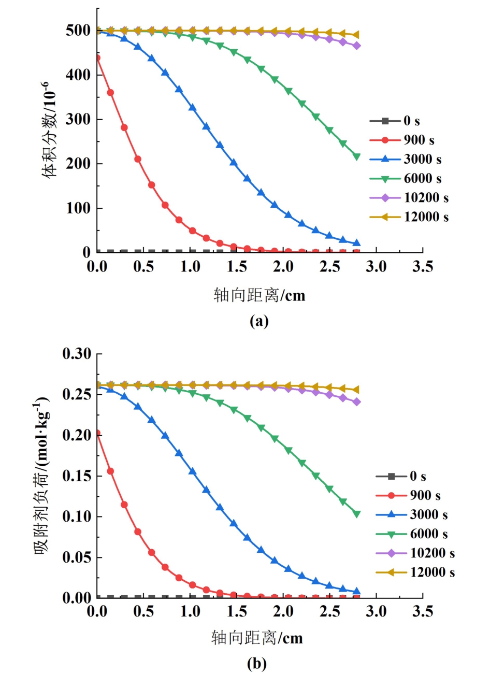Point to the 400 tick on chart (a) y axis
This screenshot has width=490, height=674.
pyautogui.click(x=78, y=75)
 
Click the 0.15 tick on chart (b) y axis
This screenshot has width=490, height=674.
pyautogui.click(x=77, y=476)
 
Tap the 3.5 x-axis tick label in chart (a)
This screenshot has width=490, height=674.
pyautogui.click(x=423, y=267)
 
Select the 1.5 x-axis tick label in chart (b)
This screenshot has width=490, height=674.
pyautogui.click(x=237, y=612)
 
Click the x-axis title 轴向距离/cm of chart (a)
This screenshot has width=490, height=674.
pyautogui.click(x=260, y=295)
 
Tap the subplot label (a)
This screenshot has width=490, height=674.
pyautogui.click(x=259, y=321)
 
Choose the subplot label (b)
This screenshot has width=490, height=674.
pyautogui.click(x=257, y=663)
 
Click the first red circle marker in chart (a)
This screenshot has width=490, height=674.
pyautogui.click(x=97, y=58)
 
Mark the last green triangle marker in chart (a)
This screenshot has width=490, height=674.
pyautogui.click(x=356, y=156)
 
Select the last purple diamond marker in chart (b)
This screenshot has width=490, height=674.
pyautogui.click(x=356, y=402)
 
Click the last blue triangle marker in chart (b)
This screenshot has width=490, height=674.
pyautogui.click(x=356, y=591)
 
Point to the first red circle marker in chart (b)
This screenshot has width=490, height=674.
pyautogui.click(x=97, y=433)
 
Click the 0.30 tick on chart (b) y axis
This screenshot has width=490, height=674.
pyautogui.click(x=77, y=354)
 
